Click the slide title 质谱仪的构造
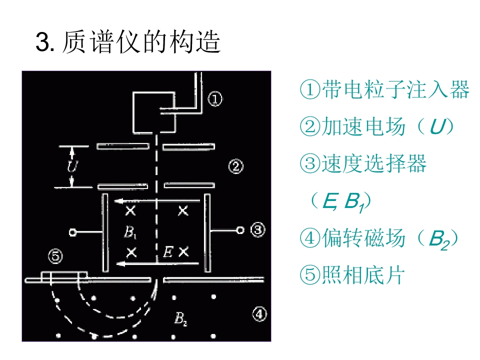(141, 42)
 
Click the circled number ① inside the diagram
(215, 99)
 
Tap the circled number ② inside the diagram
(236, 166)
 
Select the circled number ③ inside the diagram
(258, 229)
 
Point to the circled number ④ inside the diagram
(259, 314)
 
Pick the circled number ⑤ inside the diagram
(55, 256)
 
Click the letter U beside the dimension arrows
(73, 166)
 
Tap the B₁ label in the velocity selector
(130, 232)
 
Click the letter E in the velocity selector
(168, 251)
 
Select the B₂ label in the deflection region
(180, 318)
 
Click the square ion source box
(154, 112)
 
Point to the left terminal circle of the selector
(72, 232)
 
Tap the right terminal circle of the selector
(240, 230)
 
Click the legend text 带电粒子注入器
(395, 89)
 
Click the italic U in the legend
(437, 126)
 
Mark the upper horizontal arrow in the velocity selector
(157, 201)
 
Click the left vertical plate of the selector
(105, 232)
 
